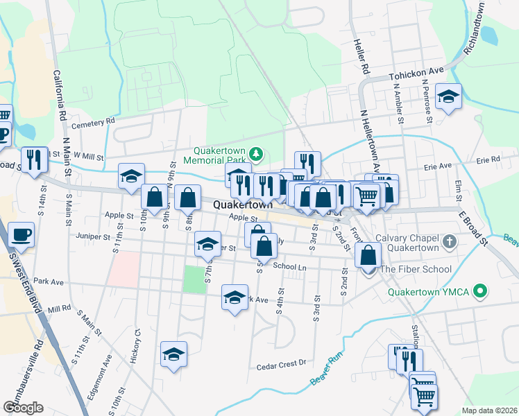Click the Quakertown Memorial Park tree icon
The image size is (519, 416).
point(257,153)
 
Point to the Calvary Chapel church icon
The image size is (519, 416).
point(450,242)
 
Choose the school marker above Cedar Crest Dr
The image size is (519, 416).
point(173,355)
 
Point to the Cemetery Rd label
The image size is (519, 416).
point(92,122)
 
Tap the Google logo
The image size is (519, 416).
point(23,407)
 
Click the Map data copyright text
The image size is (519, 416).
point(488,410)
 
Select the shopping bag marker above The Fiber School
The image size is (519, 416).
point(368,255)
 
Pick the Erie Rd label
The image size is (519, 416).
point(488,159)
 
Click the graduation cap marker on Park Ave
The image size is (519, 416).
point(235,298)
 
